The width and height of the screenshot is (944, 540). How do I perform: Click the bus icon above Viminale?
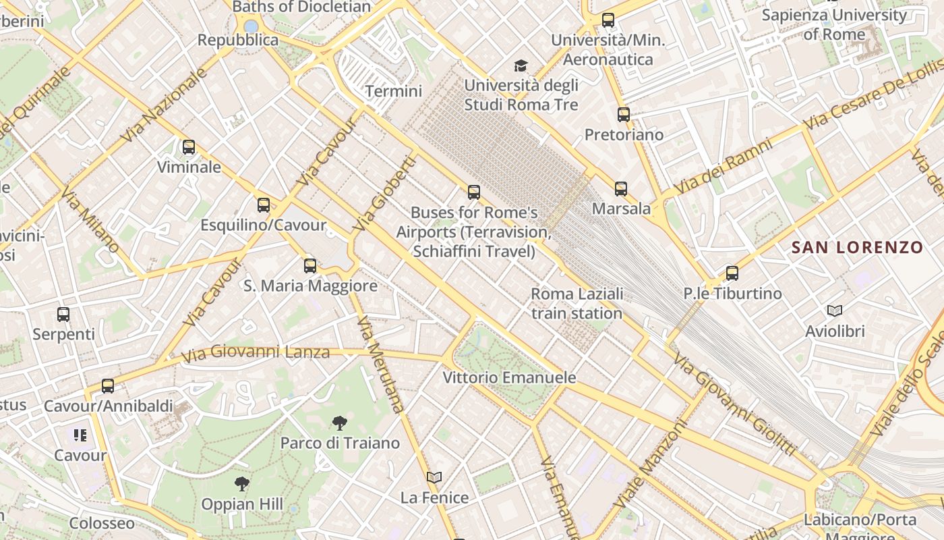pos(189,146)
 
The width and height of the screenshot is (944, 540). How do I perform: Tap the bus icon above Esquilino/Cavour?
pos(264,205)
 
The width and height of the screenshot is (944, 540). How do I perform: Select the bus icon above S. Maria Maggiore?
pos(310,265)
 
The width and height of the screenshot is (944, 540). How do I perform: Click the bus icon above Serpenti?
pos(63,314)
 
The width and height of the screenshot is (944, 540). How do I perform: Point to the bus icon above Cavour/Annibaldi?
pos(108,386)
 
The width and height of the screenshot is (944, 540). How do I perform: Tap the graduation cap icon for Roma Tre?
pos(521,65)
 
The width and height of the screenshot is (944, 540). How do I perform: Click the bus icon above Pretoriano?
pos(624,114)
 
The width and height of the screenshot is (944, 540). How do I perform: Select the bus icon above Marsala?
pos(621,188)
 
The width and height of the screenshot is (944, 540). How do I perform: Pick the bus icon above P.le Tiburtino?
pos(732,273)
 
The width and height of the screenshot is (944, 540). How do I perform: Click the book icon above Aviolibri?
pos(835,310)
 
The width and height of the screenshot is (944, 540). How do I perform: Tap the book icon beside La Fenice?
pos(434,477)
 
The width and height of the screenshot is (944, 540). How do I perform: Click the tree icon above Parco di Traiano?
pos(340,423)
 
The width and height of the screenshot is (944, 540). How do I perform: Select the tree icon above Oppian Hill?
pos(242,483)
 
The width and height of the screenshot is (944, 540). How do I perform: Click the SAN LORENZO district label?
pos(856,248)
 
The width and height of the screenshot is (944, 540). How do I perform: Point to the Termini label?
pos(394,91)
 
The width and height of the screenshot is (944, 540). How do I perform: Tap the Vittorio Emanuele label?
pos(509,377)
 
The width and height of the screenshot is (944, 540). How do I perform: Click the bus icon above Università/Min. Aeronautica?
pos(608,20)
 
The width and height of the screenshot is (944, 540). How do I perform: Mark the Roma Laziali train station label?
pos(577,304)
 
